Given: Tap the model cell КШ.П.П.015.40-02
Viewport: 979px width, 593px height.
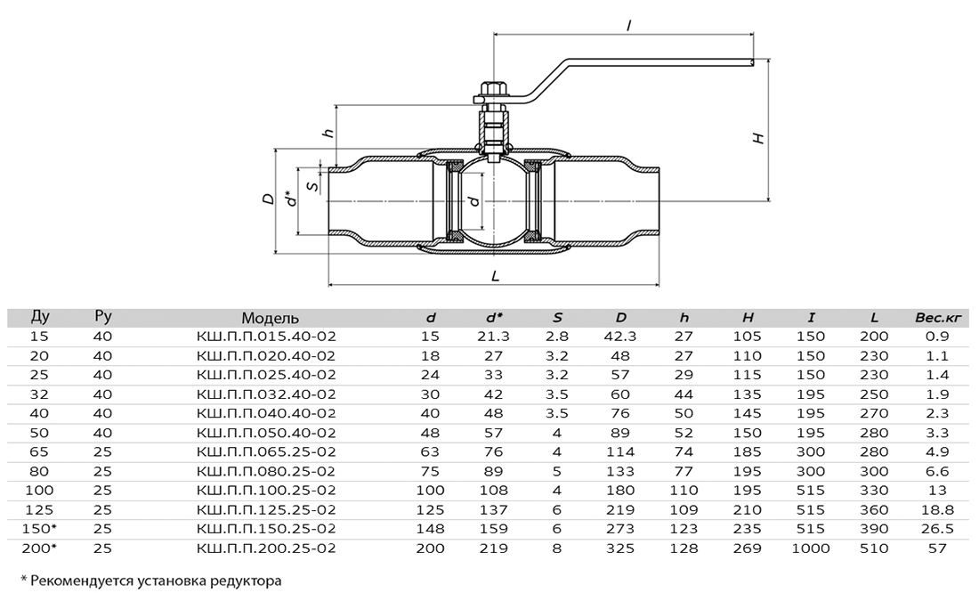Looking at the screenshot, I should pos(266,337).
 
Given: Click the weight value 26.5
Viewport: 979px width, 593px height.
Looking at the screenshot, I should pos(938,529).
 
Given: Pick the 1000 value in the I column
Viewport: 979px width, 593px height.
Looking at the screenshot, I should pos(811,548).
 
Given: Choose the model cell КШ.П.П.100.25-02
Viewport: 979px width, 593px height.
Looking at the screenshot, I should pos(266,491).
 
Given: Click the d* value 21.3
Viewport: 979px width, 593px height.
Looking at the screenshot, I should pos(494,337).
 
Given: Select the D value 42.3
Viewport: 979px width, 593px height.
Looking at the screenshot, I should pos(620,337).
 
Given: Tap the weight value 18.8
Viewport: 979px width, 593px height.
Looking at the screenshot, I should pos(938,510).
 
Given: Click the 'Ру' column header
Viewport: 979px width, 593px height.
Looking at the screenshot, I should pos(102,317).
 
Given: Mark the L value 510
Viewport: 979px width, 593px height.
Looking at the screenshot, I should pos(874,548).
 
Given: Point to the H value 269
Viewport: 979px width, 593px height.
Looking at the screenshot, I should pos(748,548).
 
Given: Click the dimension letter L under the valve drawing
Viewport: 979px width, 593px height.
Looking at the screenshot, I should pos(495,276).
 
